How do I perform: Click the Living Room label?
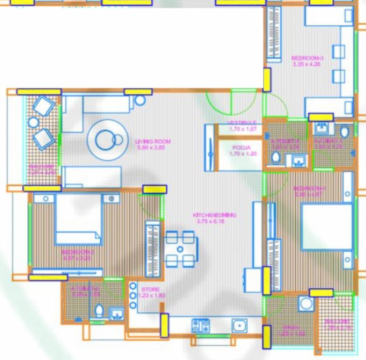pyautogui.click(x=153, y=141)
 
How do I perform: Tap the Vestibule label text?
pyautogui.click(x=242, y=123)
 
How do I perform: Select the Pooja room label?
pyautogui.click(x=242, y=147)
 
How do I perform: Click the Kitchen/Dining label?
pyautogui.click(x=215, y=215)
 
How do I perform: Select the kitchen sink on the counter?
pyautogui.click(x=239, y=325)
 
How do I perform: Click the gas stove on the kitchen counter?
pyautogui.click(x=201, y=325)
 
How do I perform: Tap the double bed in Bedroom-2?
pyautogui.click(x=78, y=219)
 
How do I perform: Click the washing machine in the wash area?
pyautogui.click(x=306, y=303)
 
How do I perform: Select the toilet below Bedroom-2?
pyautogui.click(x=99, y=310)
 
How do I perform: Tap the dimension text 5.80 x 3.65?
pyautogui.click(x=153, y=148)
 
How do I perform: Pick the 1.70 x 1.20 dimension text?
pyautogui.click(x=242, y=153)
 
